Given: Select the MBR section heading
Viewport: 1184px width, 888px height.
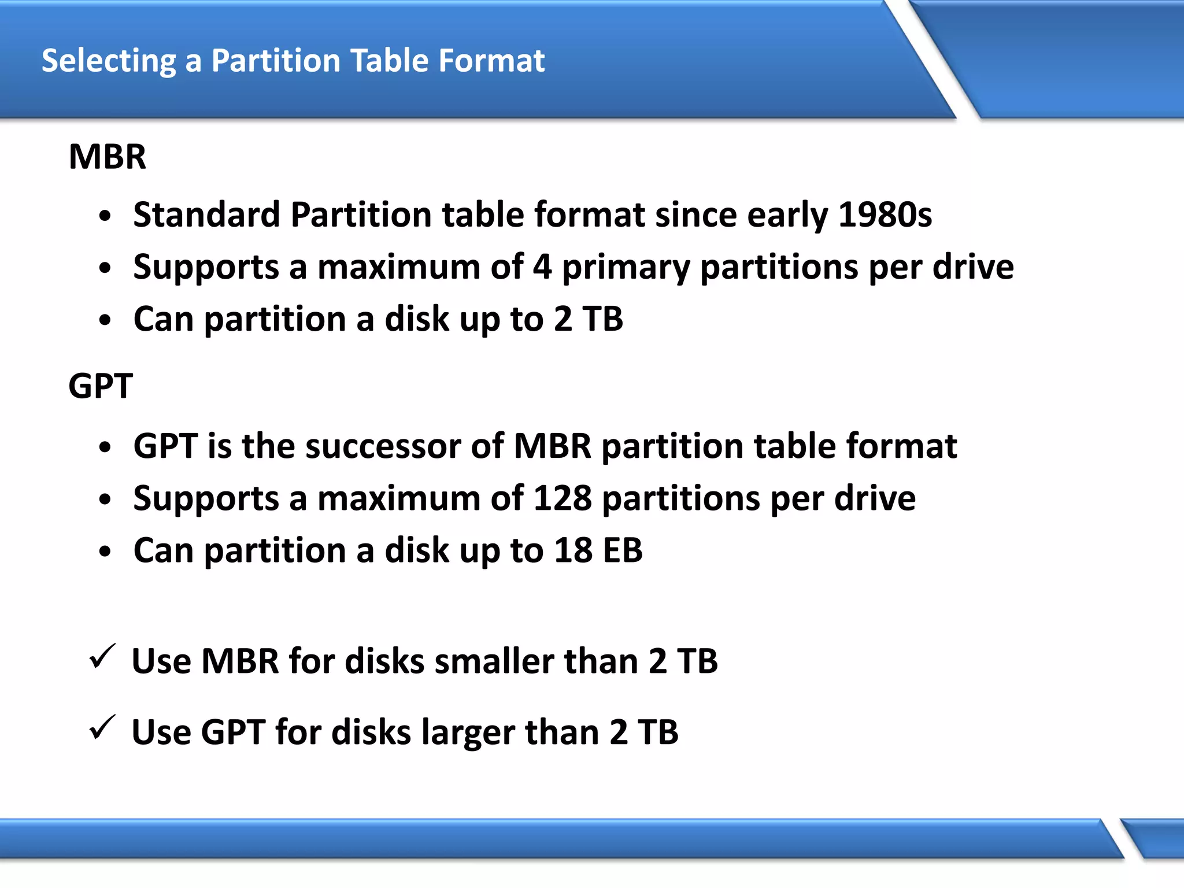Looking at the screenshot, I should [108, 157].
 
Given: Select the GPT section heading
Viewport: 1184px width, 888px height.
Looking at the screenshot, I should [101, 386].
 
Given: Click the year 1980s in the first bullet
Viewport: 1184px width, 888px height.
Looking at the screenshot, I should [885, 215].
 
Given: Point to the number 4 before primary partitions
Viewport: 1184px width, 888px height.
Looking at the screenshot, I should [542, 267].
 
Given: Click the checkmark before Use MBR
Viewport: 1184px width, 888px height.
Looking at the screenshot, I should [102, 657].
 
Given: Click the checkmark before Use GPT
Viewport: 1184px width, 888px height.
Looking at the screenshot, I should [102, 728].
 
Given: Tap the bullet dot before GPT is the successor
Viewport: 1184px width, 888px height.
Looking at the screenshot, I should [105, 448].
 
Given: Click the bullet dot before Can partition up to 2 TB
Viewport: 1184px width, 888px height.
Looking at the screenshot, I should [105, 321].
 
